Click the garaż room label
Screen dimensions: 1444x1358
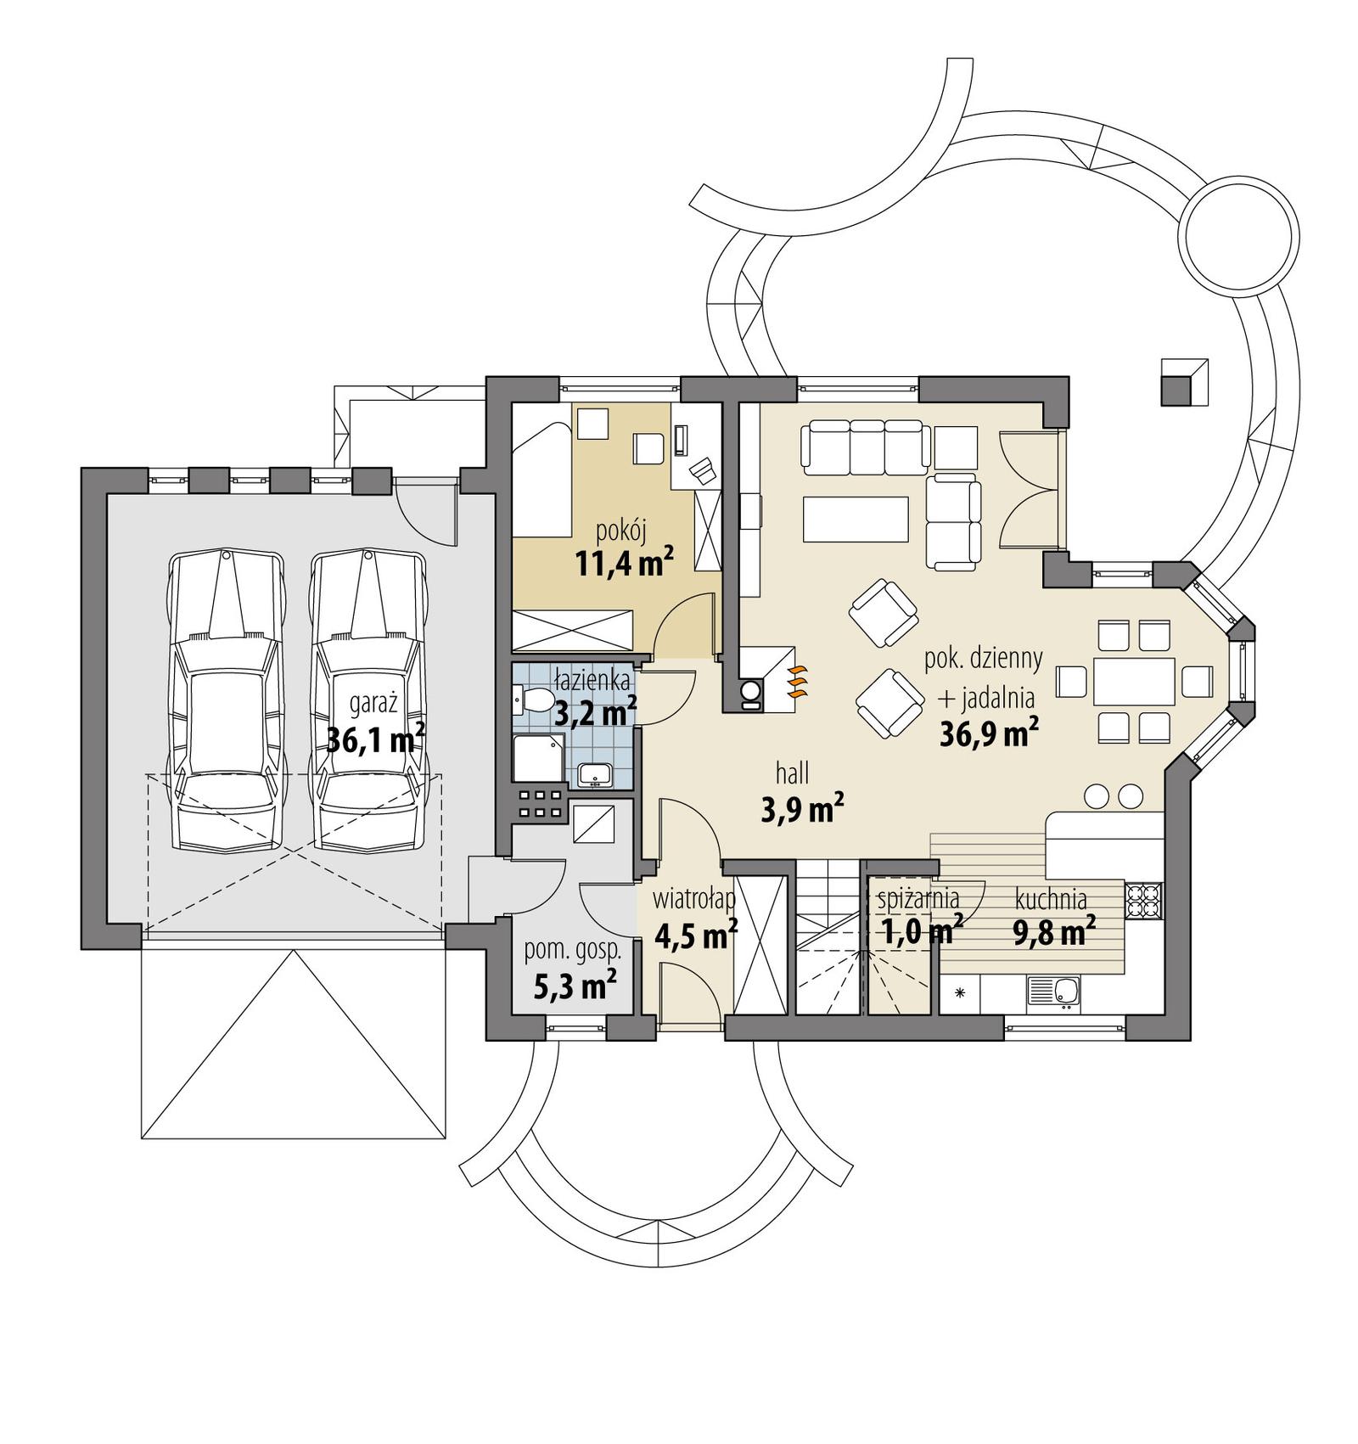[x=374, y=705]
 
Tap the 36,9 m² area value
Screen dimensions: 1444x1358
[x=989, y=733]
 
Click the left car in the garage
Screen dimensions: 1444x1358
[x=226, y=700]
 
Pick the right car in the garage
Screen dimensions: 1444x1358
[x=368, y=700]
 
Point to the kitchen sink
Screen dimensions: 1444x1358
[x=1053, y=991]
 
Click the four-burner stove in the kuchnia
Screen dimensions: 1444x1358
[x=1142, y=902]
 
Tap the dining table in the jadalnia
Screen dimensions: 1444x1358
[x=1134, y=681]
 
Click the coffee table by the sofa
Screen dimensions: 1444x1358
[x=856, y=519]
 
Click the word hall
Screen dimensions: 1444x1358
[x=792, y=773]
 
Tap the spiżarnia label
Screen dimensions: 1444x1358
[x=917, y=897]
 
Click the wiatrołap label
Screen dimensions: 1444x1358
[x=693, y=898]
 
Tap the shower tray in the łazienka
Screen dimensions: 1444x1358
[x=537, y=758]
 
